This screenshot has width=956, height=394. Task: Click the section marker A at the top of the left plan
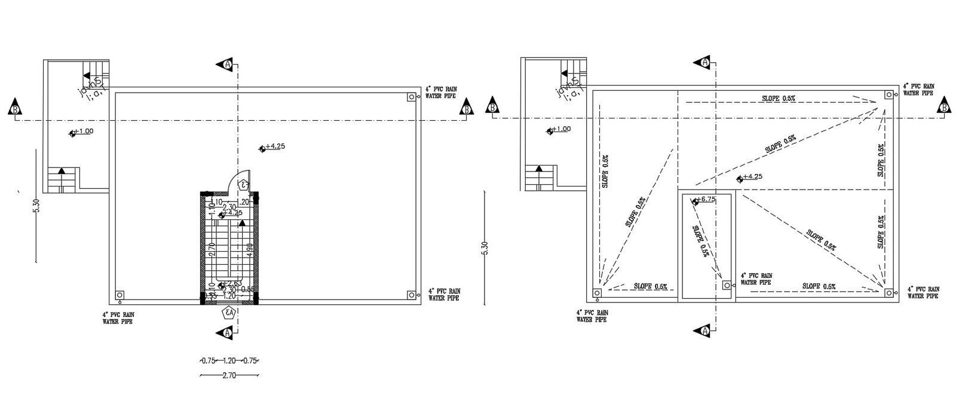click(227, 64)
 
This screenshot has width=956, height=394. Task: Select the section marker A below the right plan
click(706, 331)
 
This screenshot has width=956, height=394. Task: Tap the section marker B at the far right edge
click(944, 108)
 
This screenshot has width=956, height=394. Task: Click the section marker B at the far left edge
click(14, 108)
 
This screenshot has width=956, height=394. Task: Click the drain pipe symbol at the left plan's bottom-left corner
click(119, 295)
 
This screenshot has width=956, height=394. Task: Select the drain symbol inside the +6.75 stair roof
click(727, 285)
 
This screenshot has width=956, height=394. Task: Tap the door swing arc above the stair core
click(242, 177)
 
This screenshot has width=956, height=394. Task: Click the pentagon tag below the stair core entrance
click(228, 312)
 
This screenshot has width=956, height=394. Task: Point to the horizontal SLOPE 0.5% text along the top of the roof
click(779, 97)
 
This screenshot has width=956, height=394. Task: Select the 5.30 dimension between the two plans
click(484, 248)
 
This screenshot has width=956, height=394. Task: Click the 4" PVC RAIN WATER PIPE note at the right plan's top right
click(919, 90)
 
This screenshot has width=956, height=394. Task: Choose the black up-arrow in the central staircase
click(242, 222)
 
